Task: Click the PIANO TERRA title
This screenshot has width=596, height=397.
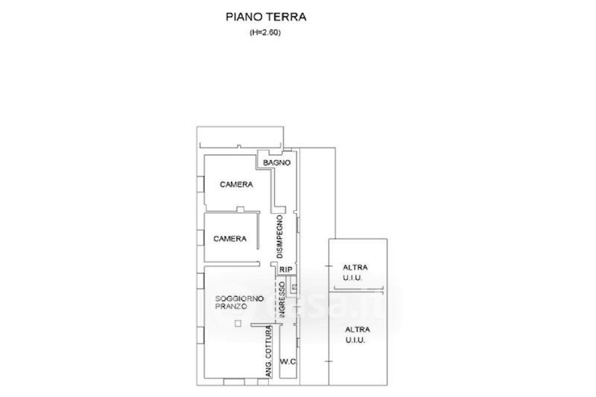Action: coord(266,17)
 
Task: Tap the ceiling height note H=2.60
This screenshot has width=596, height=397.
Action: coord(265,33)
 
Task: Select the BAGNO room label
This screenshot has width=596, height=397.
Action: coord(276,162)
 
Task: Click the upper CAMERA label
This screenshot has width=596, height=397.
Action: coord(236,185)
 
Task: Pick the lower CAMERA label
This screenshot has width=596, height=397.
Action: coord(229,238)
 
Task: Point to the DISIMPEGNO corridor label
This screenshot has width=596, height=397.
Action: coord(280,237)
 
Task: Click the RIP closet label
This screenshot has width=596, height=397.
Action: coord(286,270)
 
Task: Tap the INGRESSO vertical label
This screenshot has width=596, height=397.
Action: coord(282,299)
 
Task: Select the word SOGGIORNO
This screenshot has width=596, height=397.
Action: coord(239,299)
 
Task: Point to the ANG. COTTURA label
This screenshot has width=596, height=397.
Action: coord(269,352)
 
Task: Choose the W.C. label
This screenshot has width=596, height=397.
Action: coord(288,361)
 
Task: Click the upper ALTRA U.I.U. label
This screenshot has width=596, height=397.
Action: coord(355,273)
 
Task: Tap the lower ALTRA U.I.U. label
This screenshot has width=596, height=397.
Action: coord(358,334)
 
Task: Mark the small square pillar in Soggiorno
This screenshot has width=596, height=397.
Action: coord(238,324)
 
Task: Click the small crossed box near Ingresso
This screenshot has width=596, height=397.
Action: coord(294,287)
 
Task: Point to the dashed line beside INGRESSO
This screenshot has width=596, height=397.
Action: coord(276,296)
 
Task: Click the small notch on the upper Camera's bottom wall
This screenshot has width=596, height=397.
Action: coord(240,209)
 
